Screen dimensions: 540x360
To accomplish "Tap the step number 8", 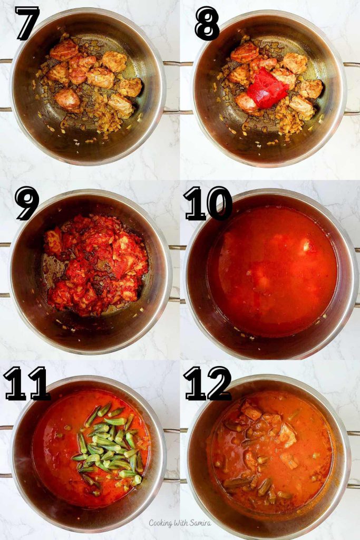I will (x=207, y=24).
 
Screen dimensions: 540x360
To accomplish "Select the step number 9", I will (x=27, y=203).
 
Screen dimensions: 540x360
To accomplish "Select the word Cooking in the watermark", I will (x=161, y=523).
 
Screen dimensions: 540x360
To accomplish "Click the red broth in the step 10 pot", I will (x=271, y=269).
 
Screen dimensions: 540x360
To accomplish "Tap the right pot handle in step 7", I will (x=172, y=87).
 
